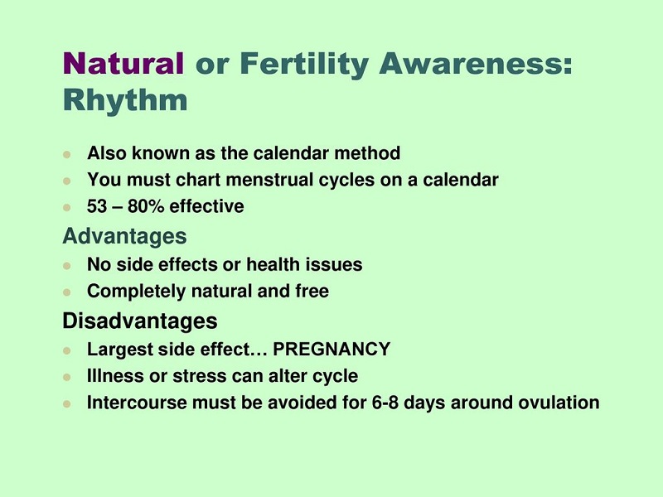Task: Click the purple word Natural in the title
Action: [123, 64]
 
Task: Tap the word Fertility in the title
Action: [304, 65]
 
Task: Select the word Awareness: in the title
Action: [476, 64]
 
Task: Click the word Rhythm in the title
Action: [125, 100]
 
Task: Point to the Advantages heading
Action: [125, 236]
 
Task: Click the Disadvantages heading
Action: [140, 321]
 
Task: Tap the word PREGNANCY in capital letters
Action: [331, 349]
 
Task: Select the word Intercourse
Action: [137, 403]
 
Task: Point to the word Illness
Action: [115, 376]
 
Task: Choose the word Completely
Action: [136, 292]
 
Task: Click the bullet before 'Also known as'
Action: [67, 154]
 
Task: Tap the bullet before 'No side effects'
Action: [67, 266]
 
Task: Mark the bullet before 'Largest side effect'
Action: [67, 350]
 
